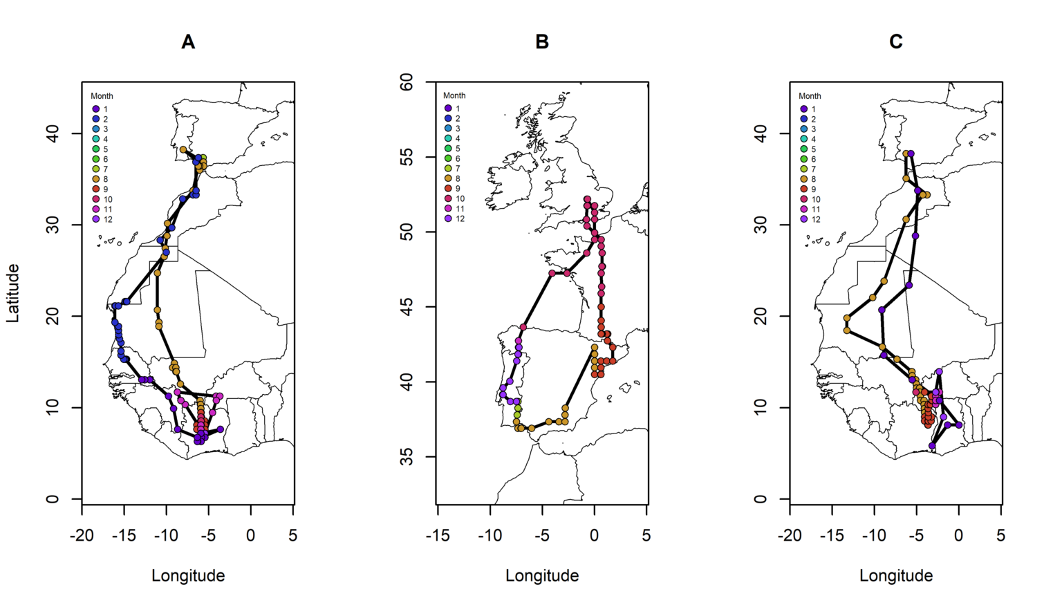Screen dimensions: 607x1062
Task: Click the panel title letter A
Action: [x=188, y=42]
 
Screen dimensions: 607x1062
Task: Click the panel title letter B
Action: [x=542, y=42]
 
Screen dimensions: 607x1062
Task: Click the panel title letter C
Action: [x=896, y=42]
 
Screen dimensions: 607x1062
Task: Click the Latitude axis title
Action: [x=13, y=293]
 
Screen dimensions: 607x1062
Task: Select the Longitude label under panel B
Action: [x=542, y=575]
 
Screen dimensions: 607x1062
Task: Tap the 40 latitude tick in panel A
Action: [x=53, y=133]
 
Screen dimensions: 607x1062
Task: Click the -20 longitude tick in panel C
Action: [x=790, y=535]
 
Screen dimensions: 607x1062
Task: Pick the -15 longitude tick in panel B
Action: [x=438, y=535]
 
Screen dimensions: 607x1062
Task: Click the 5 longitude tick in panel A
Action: [x=293, y=535]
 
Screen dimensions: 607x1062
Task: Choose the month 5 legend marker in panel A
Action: [x=96, y=149]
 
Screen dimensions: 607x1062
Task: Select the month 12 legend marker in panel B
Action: [x=448, y=218]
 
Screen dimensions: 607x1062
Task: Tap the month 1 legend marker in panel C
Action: [x=804, y=109]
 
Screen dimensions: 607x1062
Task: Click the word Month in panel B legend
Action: [x=454, y=95]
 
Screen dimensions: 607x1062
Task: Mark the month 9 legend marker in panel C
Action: [x=804, y=189]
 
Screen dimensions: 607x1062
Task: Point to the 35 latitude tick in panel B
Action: [x=407, y=457]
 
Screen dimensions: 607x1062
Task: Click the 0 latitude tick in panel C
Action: [x=761, y=499]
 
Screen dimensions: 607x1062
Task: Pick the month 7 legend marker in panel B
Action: [x=448, y=169]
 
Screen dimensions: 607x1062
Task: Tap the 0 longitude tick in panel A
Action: [x=251, y=535]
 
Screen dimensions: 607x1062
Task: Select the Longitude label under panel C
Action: [x=896, y=575]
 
